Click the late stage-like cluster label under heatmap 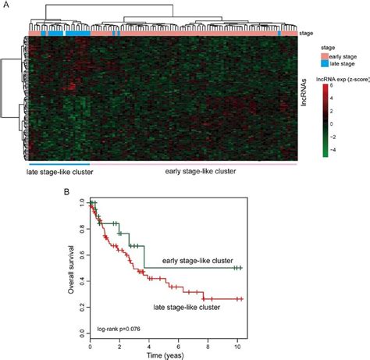tap(61, 173)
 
